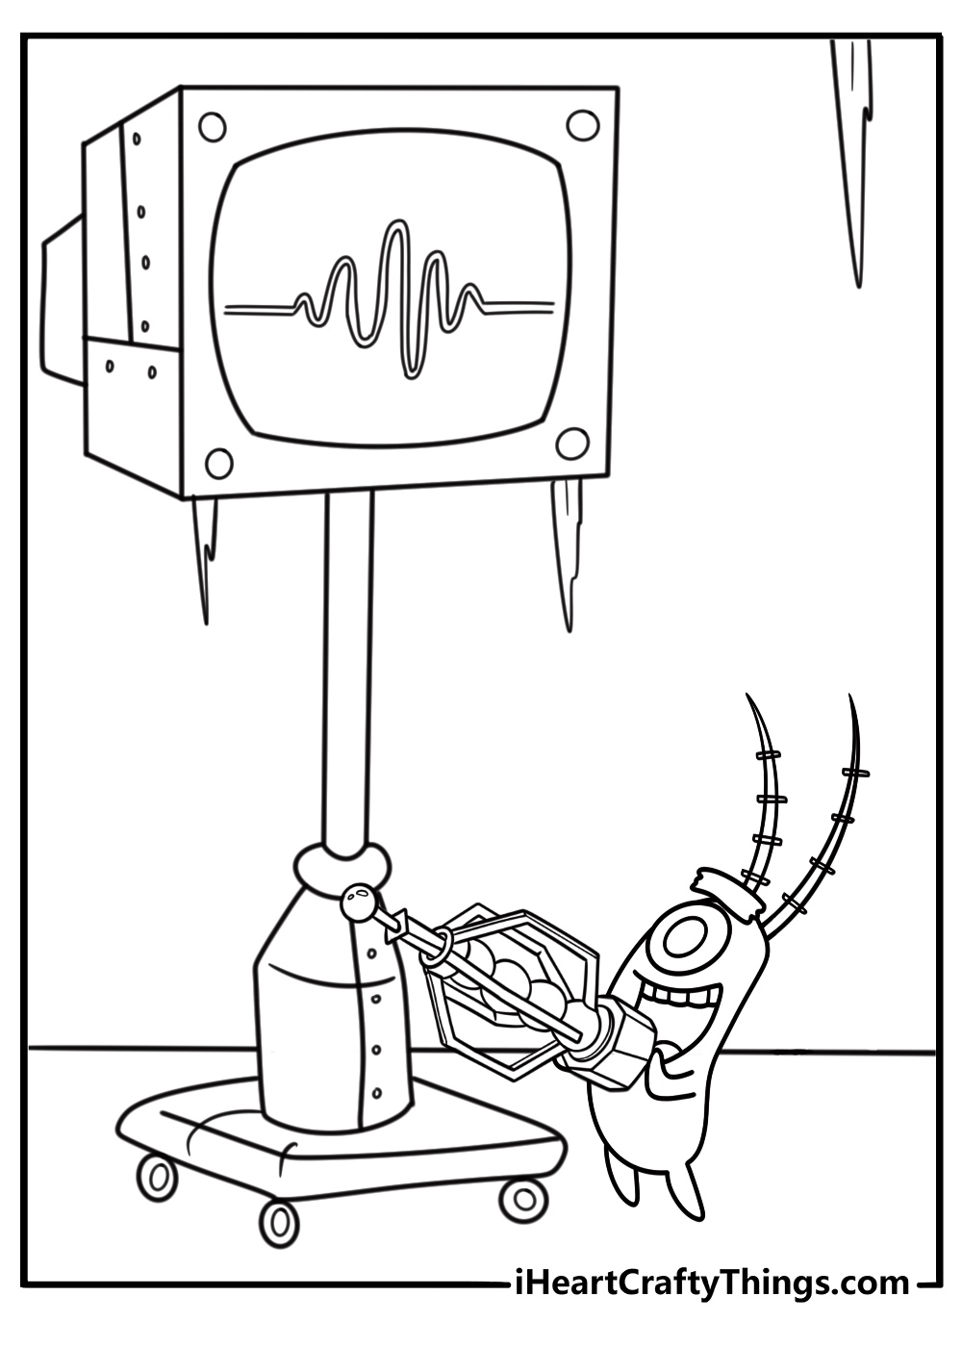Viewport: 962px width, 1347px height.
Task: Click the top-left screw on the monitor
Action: (x=212, y=126)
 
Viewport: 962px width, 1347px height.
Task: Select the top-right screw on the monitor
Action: (x=581, y=124)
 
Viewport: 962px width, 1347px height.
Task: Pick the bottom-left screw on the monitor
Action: (x=219, y=464)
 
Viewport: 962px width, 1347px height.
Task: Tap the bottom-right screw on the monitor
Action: (x=572, y=445)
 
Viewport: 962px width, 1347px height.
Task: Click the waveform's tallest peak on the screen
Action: (x=392, y=231)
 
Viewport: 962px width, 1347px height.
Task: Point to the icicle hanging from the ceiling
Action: (x=854, y=144)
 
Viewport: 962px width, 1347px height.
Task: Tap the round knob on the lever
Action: (x=359, y=902)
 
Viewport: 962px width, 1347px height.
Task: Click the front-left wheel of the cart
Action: (x=157, y=1176)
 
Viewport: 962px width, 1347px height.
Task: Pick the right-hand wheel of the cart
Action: (x=523, y=1197)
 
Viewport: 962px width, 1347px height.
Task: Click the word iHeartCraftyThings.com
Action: (x=712, y=1283)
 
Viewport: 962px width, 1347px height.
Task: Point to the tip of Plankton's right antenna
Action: (x=849, y=699)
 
